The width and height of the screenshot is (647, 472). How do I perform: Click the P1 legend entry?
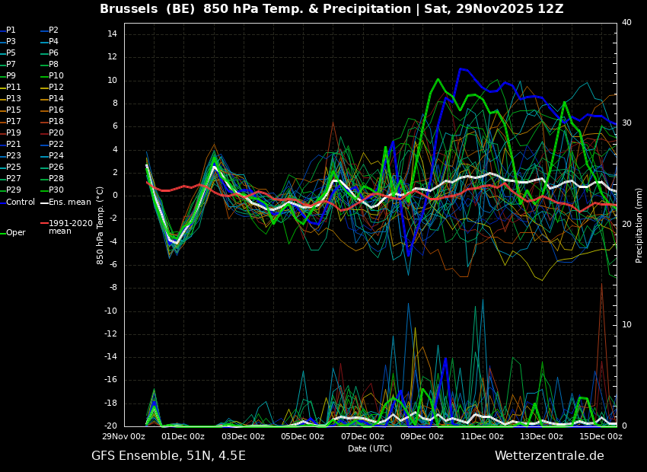[8, 30]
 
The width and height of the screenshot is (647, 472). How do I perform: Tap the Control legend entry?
[18, 203]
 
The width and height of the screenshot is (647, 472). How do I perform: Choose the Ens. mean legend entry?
[65, 203]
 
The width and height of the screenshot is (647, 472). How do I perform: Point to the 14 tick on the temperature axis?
[112, 33]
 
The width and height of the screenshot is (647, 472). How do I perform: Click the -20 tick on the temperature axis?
[110, 426]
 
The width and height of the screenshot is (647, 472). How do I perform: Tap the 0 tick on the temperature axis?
[115, 196]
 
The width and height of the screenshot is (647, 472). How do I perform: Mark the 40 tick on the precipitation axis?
[626, 22]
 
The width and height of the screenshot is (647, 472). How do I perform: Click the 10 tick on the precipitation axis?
[626, 325]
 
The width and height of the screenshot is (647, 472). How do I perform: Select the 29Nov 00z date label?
[124, 436]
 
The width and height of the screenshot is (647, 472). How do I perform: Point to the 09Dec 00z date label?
[422, 436]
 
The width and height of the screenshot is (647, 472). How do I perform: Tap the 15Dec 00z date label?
[601, 436]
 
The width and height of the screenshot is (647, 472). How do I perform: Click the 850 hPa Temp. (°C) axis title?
[100, 225]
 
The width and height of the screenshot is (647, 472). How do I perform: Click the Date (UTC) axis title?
[370, 448]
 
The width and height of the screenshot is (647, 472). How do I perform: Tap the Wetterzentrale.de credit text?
[550, 456]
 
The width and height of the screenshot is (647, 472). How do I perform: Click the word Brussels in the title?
[129, 8]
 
